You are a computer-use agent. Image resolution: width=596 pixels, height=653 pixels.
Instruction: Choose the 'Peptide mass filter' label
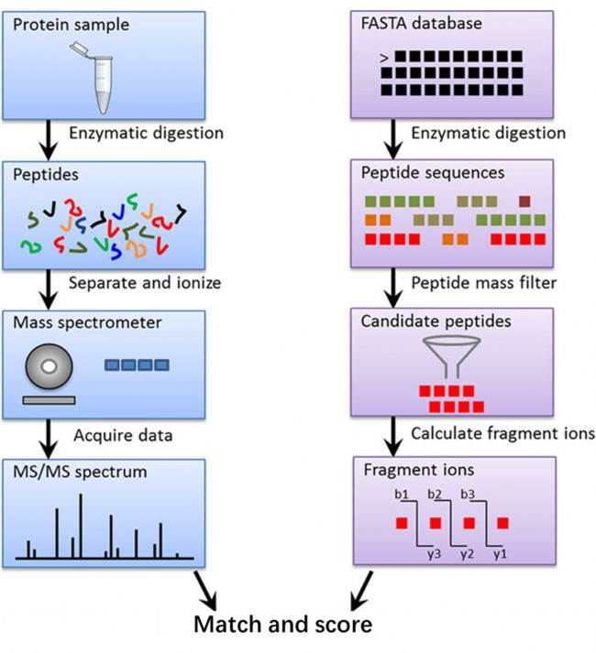pyautogui.click(x=483, y=282)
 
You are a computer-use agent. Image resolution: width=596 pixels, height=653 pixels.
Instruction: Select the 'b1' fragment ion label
pyautogui.click(x=400, y=495)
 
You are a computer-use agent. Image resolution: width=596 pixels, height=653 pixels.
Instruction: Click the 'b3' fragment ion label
pyautogui.click(x=468, y=495)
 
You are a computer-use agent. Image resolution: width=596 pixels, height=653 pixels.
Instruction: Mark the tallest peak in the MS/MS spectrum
pyautogui.click(x=81, y=526)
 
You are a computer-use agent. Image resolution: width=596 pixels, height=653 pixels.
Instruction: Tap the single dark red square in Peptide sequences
pyautogui.click(x=524, y=201)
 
